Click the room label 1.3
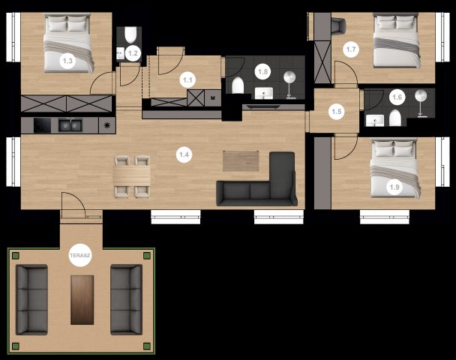click(x=67, y=61)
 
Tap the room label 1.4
click(x=184, y=154)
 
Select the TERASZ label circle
click(x=80, y=256)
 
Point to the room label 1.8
click(x=263, y=71)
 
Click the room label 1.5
click(x=337, y=112)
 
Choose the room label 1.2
click(x=133, y=53)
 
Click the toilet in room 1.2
click(x=130, y=35)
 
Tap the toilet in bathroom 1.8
click(x=238, y=85)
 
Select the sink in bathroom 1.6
click(x=374, y=121)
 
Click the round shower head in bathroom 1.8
click(x=289, y=76)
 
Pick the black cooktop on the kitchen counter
click(x=42, y=125)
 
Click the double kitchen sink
click(x=70, y=125)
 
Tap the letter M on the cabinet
click(x=212, y=98)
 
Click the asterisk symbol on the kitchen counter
click(x=107, y=125)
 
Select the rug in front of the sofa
click(x=241, y=160)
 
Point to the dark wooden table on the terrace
click(x=82, y=300)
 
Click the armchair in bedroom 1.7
click(x=339, y=25)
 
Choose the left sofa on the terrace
click(x=31, y=299)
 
